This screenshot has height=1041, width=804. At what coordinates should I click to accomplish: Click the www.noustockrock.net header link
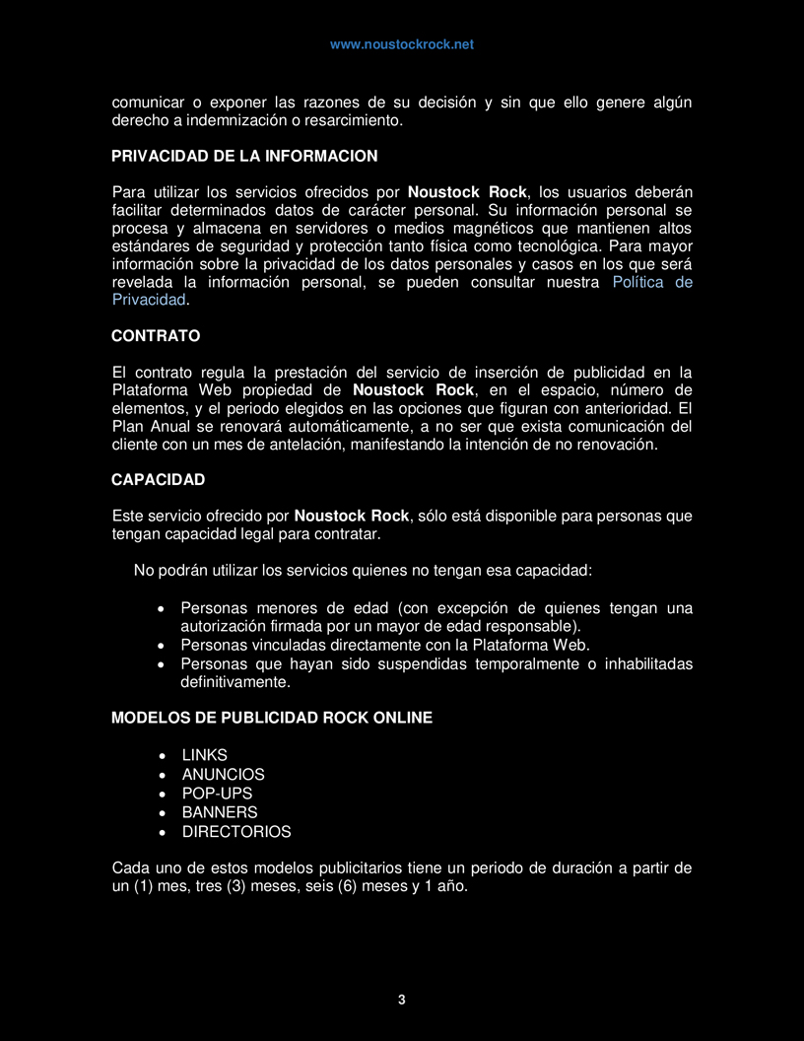click(401, 44)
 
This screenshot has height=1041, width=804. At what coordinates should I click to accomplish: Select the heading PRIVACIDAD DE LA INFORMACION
click(244, 156)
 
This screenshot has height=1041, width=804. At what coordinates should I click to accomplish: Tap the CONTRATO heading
click(156, 336)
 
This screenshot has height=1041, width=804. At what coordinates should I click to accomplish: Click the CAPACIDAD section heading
click(158, 480)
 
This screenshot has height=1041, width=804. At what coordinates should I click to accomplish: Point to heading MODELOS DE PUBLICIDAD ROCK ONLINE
click(272, 718)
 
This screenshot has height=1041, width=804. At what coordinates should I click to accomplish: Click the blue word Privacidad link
click(149, 300)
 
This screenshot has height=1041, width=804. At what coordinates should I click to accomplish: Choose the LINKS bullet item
click(204, 755)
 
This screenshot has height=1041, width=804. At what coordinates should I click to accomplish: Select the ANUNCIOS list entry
click(223, 775)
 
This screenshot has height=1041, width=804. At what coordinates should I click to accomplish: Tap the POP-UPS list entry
click(217, 794)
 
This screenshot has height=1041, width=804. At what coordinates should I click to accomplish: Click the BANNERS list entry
click(220, 812)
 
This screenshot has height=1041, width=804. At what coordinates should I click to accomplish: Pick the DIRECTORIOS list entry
click(236, 831)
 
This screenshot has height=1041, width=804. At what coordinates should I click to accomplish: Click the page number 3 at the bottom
click(402, 1000)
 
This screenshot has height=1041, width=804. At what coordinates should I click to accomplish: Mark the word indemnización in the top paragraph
click(226, 120)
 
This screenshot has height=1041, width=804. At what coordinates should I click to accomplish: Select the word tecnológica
click(553, 245)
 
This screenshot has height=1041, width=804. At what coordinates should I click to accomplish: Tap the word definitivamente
click(235, 682)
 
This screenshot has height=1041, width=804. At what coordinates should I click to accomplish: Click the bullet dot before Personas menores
click(161, 608)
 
